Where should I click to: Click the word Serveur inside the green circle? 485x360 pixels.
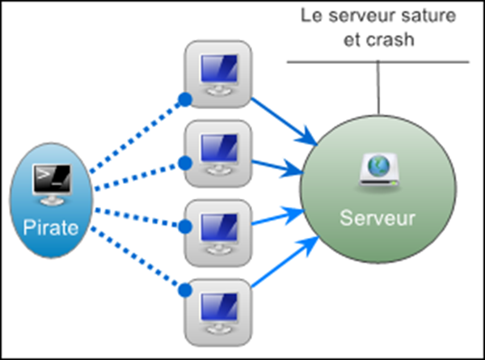pos(377,218)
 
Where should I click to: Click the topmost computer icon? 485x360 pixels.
pos(217,70)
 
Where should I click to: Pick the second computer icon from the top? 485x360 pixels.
pos(217,151)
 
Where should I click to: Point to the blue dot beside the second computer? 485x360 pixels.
pos(184,163)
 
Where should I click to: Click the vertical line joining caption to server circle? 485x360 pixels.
pos(377,89)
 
